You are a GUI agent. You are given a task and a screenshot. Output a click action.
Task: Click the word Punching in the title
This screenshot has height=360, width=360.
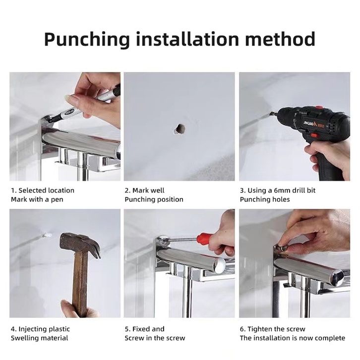click(x=87, y=40)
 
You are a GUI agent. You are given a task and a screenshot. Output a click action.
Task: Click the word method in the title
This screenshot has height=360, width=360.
click(x=280, y=39)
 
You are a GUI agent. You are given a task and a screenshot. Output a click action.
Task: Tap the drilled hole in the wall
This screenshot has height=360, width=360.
click(x=180, y=129)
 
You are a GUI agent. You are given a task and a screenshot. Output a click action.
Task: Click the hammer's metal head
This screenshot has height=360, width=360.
click(x=80, y=244)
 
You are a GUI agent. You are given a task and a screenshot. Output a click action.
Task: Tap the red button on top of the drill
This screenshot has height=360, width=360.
click(x=318, y=107)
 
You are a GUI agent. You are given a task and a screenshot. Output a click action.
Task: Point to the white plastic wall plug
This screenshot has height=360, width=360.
click(x=47, y=235)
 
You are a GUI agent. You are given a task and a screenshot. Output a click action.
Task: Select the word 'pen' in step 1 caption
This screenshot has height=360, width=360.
click(x=57, y=200)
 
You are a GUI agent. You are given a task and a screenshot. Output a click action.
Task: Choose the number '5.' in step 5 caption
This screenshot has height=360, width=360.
click(x=127, y=329)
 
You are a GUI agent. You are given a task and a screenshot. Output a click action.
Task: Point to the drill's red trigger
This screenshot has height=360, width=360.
click(x=314, y=135)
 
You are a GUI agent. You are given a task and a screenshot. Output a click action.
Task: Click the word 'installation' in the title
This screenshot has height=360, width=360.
click(x=187, y=39)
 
